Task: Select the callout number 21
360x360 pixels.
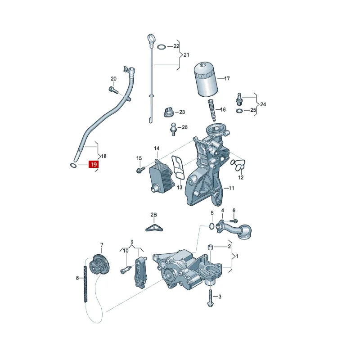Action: [x=186, y=54]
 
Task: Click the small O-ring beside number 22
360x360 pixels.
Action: [x=161, y=46]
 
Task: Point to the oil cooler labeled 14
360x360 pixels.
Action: [x=161, y=176]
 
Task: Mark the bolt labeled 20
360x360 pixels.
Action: [x=113, y=90]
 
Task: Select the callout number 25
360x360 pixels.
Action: [x=253, y=110]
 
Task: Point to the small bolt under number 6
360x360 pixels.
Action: [x=233, y=220]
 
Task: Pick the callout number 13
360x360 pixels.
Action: [x=179, y=187]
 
